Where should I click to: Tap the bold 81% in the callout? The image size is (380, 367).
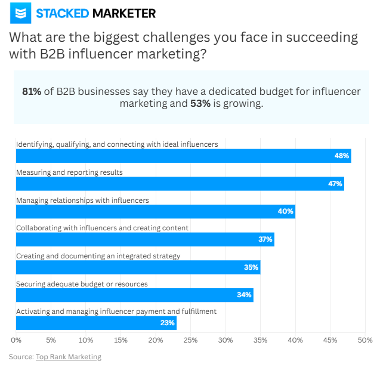coord(32,91)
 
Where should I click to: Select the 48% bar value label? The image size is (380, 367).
coord(341,156)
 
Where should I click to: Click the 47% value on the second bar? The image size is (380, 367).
coord(335,184)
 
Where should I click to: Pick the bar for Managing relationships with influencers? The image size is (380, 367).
coord(155,212)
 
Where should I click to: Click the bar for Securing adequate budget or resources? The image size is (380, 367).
coord(134,295)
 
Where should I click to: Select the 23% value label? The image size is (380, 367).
coord(167,323)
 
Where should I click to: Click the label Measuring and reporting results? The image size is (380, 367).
coord(69,172)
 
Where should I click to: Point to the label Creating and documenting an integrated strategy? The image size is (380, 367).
coord(98,255)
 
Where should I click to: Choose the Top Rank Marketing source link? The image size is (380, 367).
coord(69,357)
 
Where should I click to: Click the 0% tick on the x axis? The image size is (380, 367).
coord(16,340)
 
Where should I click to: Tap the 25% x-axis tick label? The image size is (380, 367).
coord(190,340)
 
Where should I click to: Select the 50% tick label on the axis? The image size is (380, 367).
coord(364,340)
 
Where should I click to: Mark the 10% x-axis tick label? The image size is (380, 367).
coord(86,340)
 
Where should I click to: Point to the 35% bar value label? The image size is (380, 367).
coord(251,267)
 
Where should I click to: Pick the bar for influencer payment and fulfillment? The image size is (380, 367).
coord(95,323)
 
